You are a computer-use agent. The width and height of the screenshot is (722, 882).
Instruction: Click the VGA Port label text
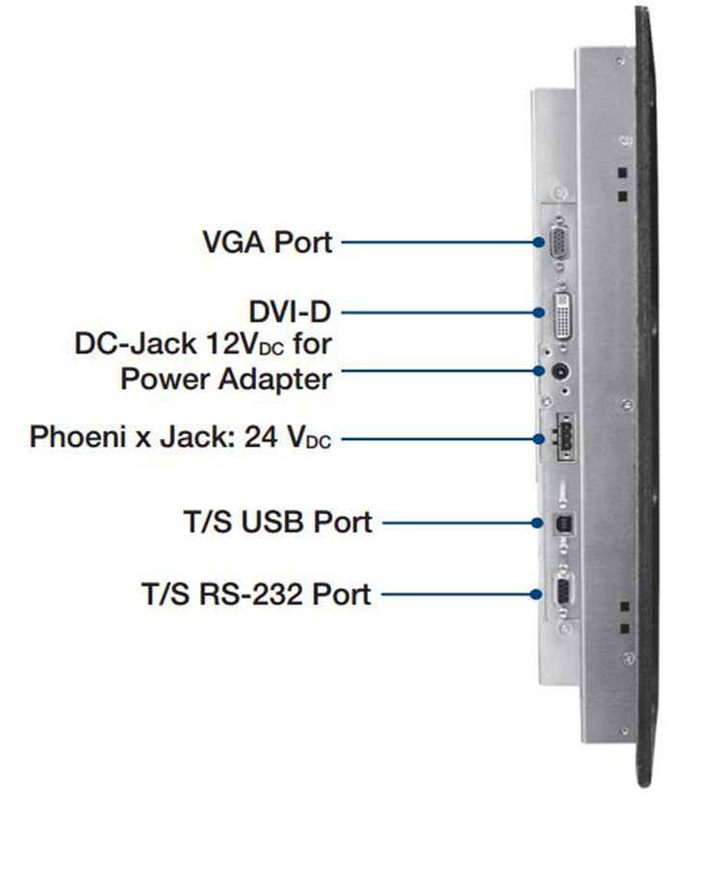click(x=267, y=241)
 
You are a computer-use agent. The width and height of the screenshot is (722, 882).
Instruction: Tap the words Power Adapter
click(x=226, y=377)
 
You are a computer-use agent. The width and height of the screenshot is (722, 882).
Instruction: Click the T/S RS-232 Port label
click(x=255, y=593)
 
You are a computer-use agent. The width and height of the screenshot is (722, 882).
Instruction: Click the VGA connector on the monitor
click(x=558, y=243)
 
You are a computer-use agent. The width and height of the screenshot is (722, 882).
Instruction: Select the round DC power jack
click(x=557, y=372)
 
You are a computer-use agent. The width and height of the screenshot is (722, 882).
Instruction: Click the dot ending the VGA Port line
click(x=541, y=242)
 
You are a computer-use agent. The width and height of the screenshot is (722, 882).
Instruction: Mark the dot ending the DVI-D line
click(x=541, y=311)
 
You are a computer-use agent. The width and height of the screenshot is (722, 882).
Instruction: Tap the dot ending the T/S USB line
click(x=541, y=523)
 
